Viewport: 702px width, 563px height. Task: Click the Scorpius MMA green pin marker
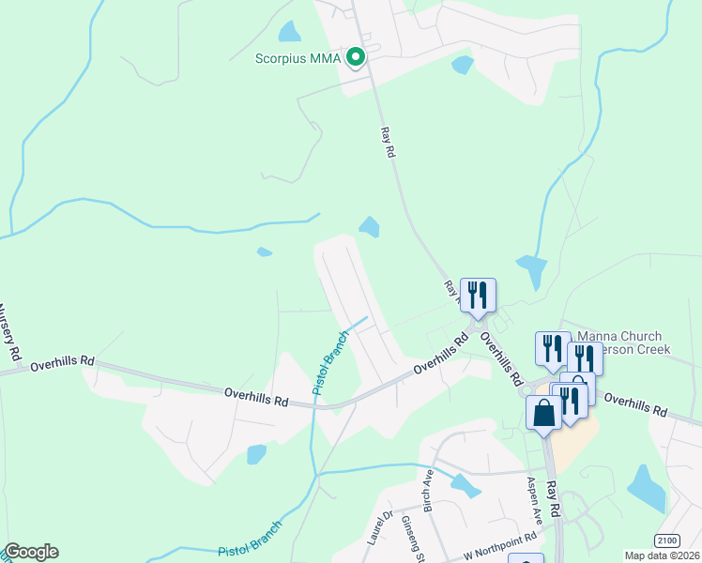(x=356, y=58)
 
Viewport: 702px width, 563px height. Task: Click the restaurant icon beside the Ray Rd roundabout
(x=478, y=296)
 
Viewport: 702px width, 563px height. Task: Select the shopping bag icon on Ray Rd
(x=543, y=413)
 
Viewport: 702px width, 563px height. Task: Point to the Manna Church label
(x=619, y=336)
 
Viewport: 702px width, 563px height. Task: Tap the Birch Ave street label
(x=428, y=489)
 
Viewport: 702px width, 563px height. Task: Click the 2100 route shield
(x=665, y=540)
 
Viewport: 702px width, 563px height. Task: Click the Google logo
(x=31, y=552)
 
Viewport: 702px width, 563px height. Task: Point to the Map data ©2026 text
(x=662, y=555)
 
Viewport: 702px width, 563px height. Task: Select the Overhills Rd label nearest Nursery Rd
(x=64, y=360)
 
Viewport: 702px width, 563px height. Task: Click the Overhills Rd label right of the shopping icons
(x=634, y=404)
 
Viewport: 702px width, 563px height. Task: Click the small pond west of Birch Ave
(x=255, y=455)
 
